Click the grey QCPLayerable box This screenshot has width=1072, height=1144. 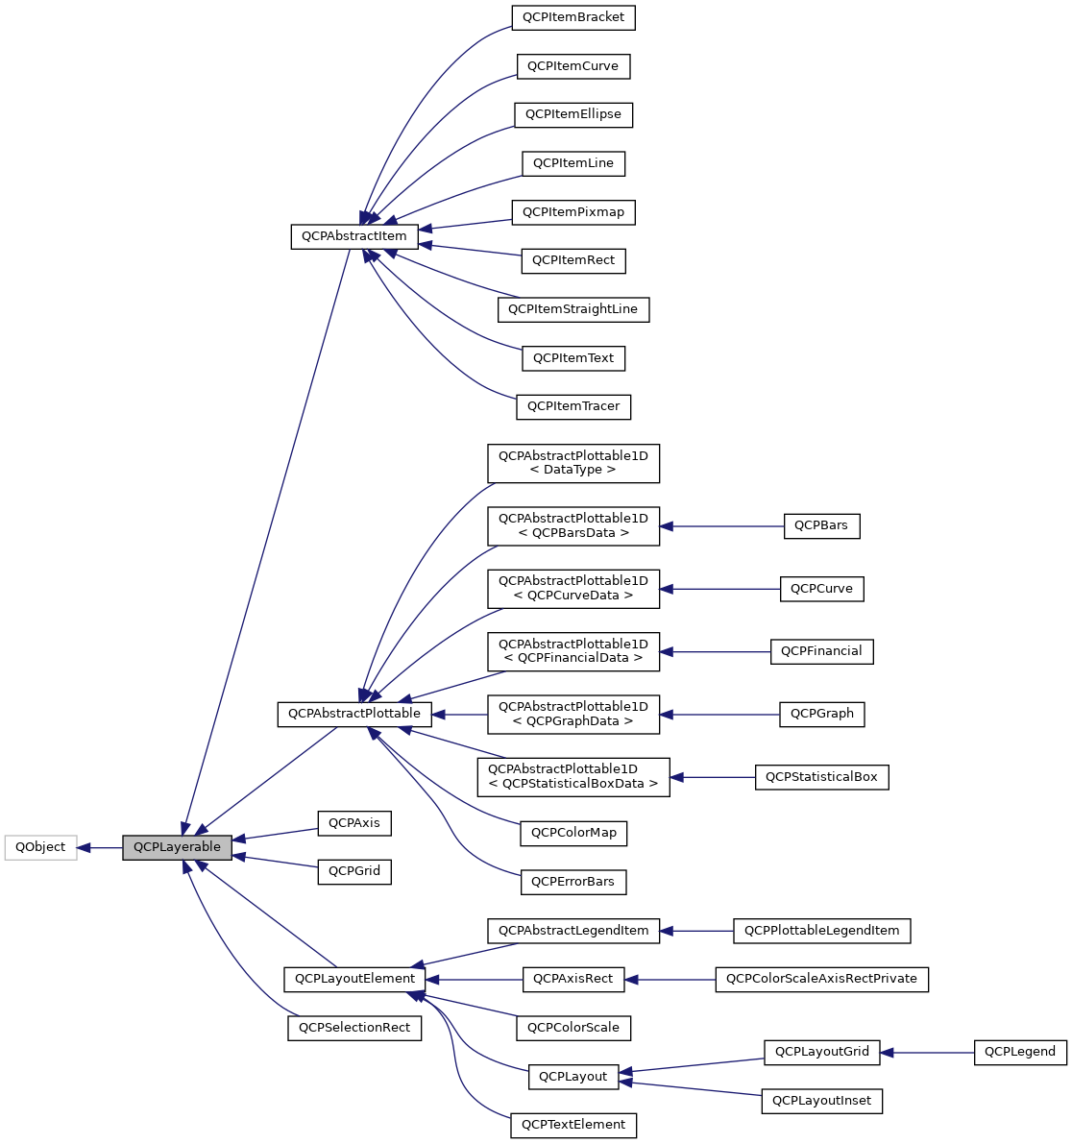pos(177,847)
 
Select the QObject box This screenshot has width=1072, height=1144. pos(40,847)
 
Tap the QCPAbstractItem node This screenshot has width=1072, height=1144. pos(353,236)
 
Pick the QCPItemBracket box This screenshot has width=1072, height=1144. pos(573,17)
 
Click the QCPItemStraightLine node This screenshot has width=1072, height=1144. pos(573,309)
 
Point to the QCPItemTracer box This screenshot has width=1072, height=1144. pos(573,406)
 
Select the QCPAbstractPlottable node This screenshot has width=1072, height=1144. pos(354,714)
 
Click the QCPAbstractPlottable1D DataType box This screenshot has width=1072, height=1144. pos(573,463)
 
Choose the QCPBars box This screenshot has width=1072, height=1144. pos(821,526)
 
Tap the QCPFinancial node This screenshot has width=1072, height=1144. pos(821,651)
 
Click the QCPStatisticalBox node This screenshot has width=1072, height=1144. pos(821,777)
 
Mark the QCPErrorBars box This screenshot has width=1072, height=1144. pos(573,882)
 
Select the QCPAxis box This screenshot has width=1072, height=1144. pos(354,823)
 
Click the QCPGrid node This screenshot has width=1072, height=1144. pos(354,871)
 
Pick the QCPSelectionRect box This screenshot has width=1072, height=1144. pos(354,1028)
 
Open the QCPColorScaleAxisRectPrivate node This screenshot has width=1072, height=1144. pos(821,979)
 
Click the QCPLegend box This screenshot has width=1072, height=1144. pos(1020,1052)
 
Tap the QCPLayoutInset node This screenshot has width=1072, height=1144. pos(821,1101)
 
